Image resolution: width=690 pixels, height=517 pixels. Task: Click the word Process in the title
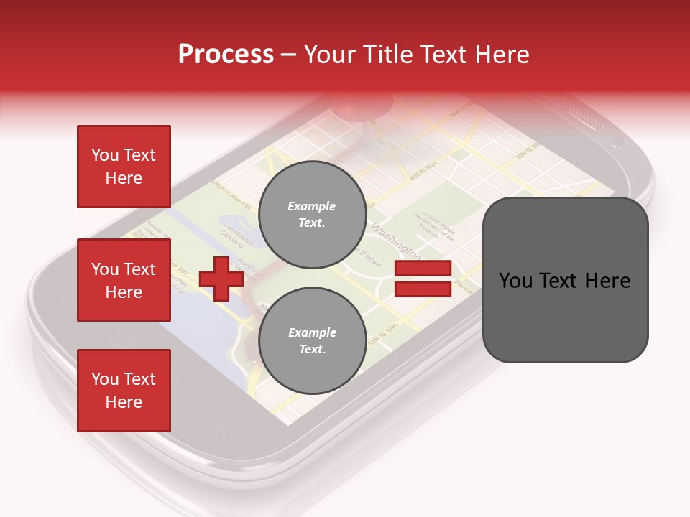click(x=226, y=55)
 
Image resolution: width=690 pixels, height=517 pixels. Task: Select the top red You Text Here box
click(x=124, y=167)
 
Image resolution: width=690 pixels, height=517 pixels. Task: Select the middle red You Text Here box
click(x=124, y=280)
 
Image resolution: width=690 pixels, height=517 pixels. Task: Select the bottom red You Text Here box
click(x=124, y=391)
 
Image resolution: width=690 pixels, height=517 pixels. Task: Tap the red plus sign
click(x=221, y=279)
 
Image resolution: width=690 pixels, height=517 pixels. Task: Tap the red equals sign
click(x=423, y=279)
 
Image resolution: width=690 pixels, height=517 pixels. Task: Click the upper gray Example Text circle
click(x=312, y=215)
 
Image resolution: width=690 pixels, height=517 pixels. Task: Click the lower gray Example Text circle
click(x=312, y=341)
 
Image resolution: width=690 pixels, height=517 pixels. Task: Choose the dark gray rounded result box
click(x=565, y=280)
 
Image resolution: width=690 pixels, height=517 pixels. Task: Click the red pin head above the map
click(x=359, y=108)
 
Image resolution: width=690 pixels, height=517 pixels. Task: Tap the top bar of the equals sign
click(x=423, y=269)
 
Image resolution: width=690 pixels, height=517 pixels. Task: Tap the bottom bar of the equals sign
click(x=423, y=289)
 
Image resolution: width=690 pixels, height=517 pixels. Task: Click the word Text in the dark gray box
click(x=565, y=280)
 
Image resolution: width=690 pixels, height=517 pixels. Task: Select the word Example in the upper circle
click(x=312, y=206)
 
